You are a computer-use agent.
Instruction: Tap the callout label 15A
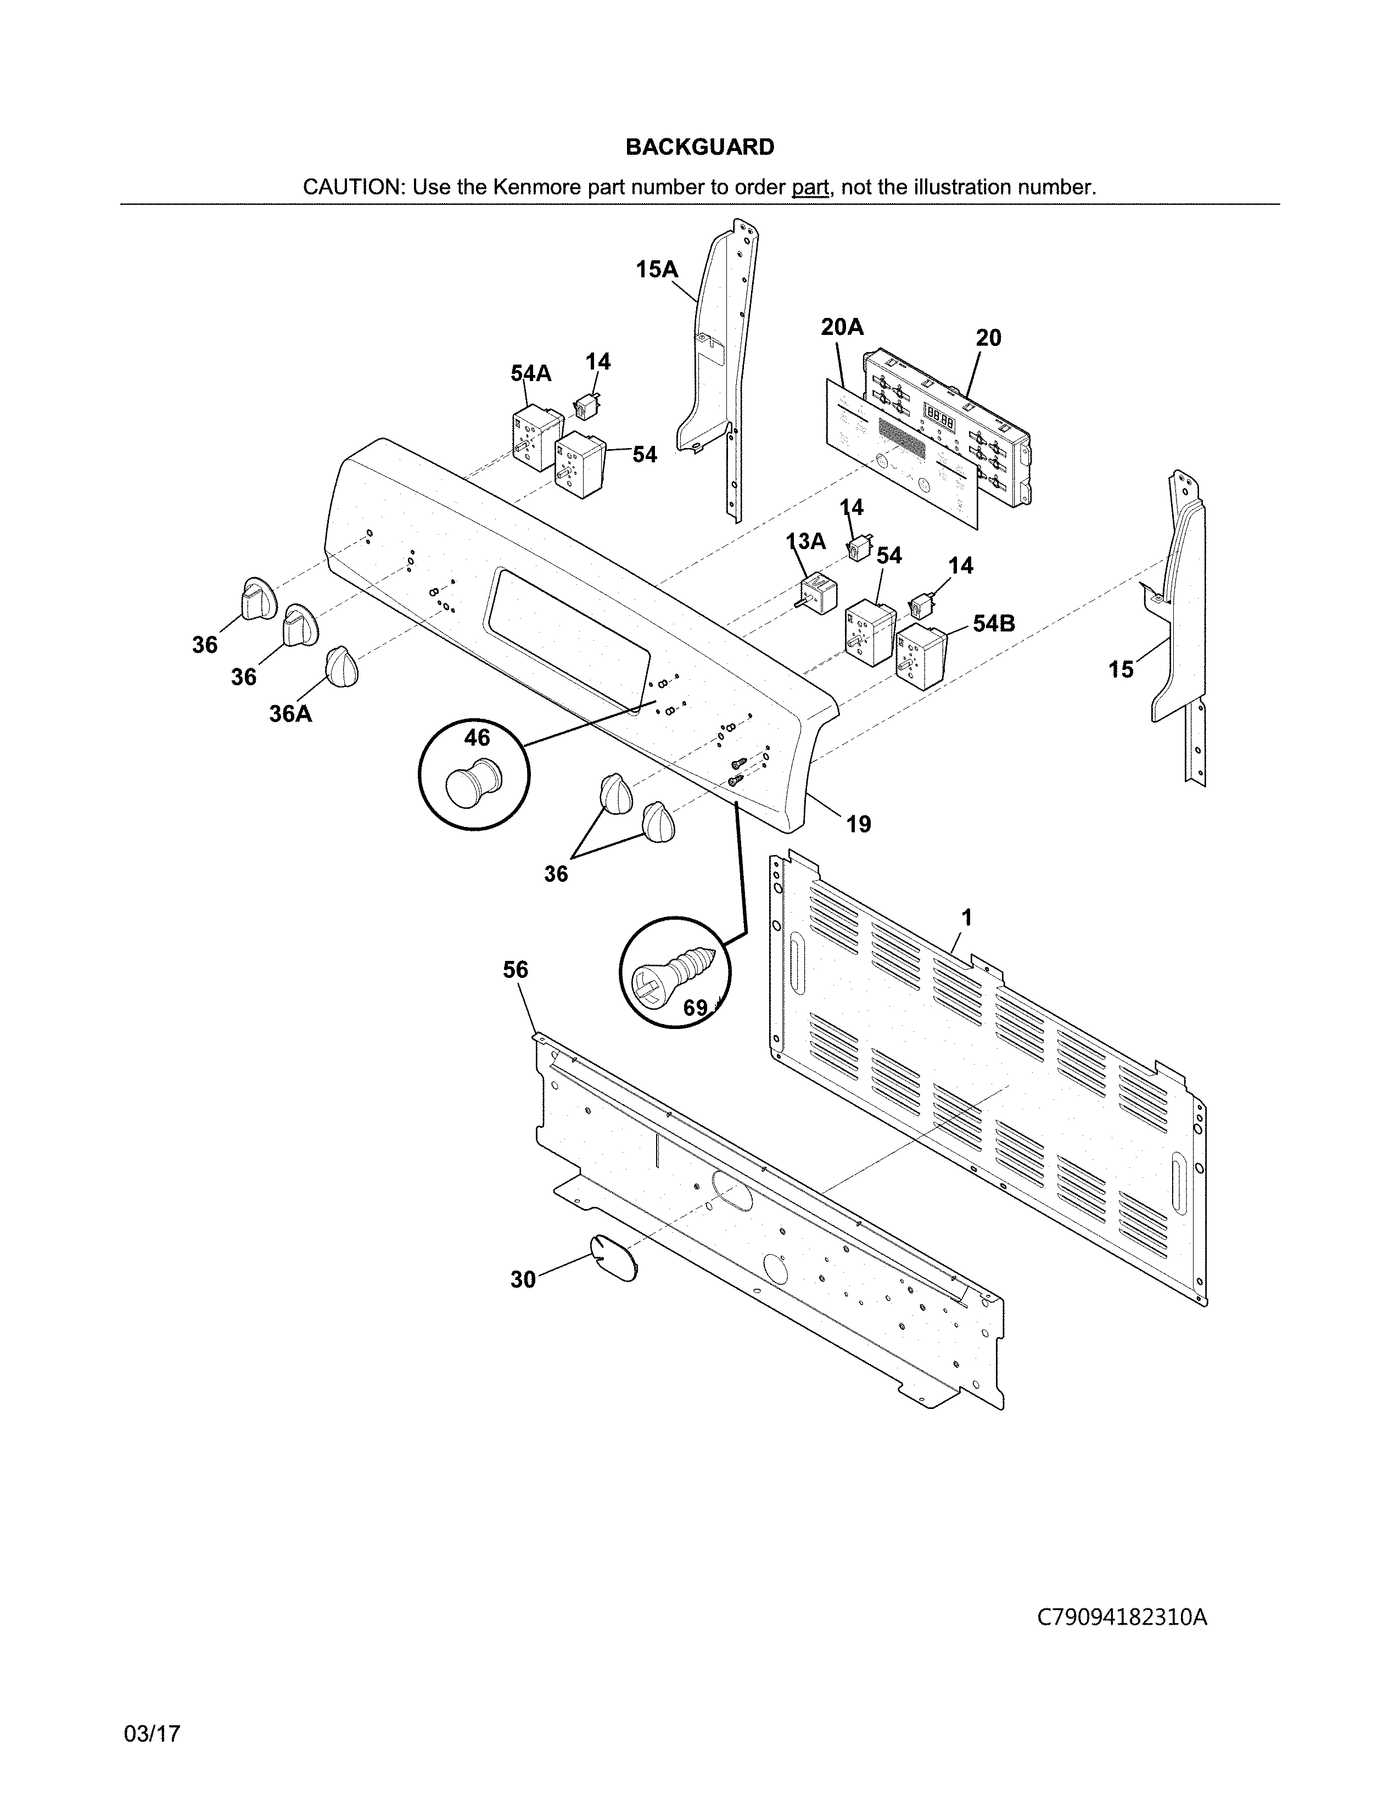pos(657,269)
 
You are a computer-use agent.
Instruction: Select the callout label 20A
pos(842,328)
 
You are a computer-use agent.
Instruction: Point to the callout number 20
pos(988,338)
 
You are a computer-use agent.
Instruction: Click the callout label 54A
pos(531,374)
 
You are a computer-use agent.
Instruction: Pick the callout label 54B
pos(994,623)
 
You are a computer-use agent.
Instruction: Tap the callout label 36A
pos(290,713)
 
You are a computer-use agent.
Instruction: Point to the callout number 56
pos(515,969)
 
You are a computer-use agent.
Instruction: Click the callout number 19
pos(859,824)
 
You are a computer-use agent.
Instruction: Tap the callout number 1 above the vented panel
pos(966,918)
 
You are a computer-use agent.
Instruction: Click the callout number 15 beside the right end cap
pos(1121,669)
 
